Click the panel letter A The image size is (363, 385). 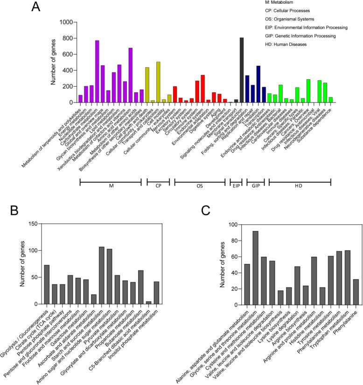(39, 8)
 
